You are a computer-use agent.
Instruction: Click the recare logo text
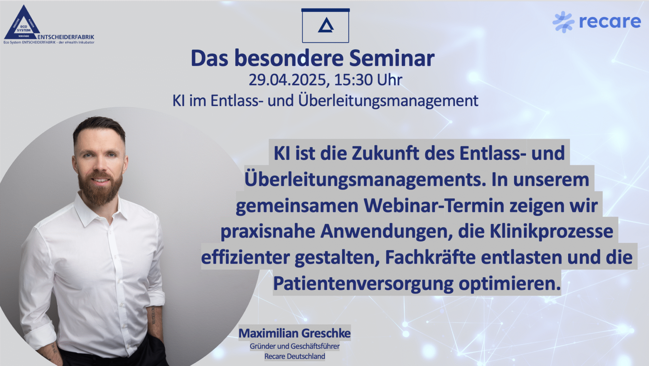pyautogui.click(x=610, y=22)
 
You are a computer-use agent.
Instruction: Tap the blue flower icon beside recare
pyautogui.click(x=563, y=22)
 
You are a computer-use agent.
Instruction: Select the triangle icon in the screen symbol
pyautogui.click(x=326, y=25)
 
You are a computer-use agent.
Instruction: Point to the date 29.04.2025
pyautogui.click(x=287, y=80)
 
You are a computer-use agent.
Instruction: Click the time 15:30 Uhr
pyautogui.click(x=368, y=80)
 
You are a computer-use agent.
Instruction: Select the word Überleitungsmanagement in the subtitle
pyautogui.click(x=388, y=101)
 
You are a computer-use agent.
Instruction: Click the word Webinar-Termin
pyautogui.click(x=434, y=205)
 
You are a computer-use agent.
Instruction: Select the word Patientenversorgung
pyautogui.click(x=363, y=284)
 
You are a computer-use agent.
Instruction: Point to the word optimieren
pyautogui.click(x=509, y=284)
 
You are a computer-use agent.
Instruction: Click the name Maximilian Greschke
pyautogui.click(x=294, y=333)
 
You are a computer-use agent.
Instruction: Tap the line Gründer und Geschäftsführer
pyautogui.click(x=294, y=346)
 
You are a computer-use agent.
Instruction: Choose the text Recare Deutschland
pyautogui.click(x=294, y=356)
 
